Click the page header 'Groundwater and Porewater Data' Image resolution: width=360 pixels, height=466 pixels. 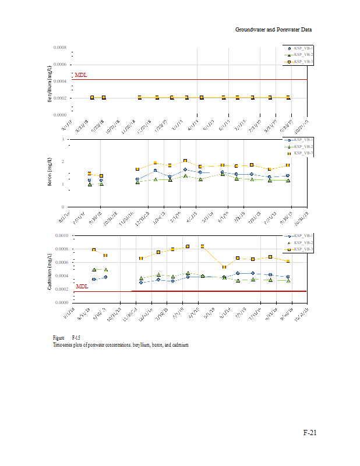point(274,29)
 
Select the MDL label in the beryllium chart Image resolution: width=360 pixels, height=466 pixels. point(81,75)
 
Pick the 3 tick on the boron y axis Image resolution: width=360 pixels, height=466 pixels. point(62,140)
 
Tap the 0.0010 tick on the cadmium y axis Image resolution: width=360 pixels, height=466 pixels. point(61,235)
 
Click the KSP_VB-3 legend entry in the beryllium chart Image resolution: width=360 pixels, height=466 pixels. point(302,61)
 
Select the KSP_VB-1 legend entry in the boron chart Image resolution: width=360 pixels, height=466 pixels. point(302,140)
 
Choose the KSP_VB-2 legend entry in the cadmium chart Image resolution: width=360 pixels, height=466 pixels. point(302,242)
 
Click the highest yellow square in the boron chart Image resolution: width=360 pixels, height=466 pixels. point(185,161)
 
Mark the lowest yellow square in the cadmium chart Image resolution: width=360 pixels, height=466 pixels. point(224,267)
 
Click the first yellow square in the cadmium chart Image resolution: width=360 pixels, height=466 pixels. point(94,250)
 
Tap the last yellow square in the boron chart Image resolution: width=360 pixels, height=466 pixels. point(288,165)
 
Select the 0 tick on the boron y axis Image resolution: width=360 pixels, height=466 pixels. point(62,207)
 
